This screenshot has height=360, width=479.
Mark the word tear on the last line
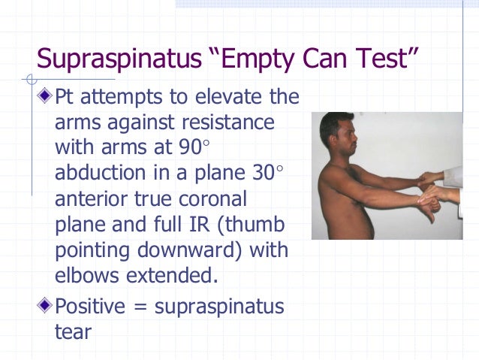tap(73, 331)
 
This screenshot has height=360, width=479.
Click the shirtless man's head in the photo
tap(335, 131)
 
